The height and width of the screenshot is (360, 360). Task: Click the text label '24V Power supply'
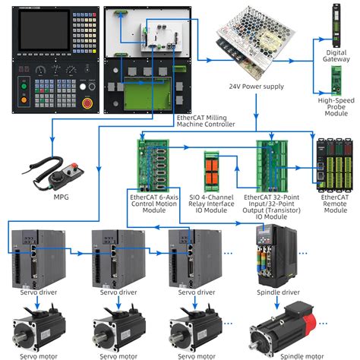257,87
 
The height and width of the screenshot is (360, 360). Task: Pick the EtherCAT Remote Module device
334,166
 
